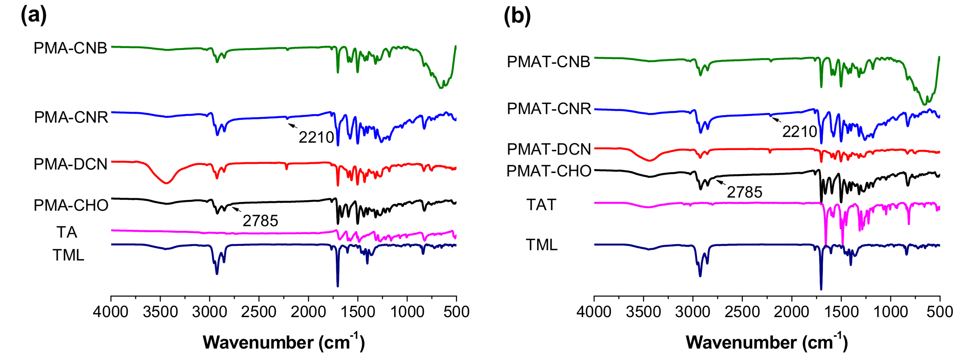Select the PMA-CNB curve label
click(x=70, y=48)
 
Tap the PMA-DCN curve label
click(x=70, y=164)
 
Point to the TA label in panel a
click(x=67, y=232)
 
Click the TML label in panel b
click(x=541, y=245)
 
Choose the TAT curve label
click(x=541, y=204)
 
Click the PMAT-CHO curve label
click(x=549, y=171)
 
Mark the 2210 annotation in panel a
click(x=316, y=137)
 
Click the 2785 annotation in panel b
click(x=744, y=192)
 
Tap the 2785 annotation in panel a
click(x=260, y=221)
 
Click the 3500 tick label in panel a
click(x=160, y=312)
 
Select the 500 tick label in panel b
click(x=939, y=312)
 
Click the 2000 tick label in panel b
click(x=792, y=312)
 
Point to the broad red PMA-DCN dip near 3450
click(x=166, y=182)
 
